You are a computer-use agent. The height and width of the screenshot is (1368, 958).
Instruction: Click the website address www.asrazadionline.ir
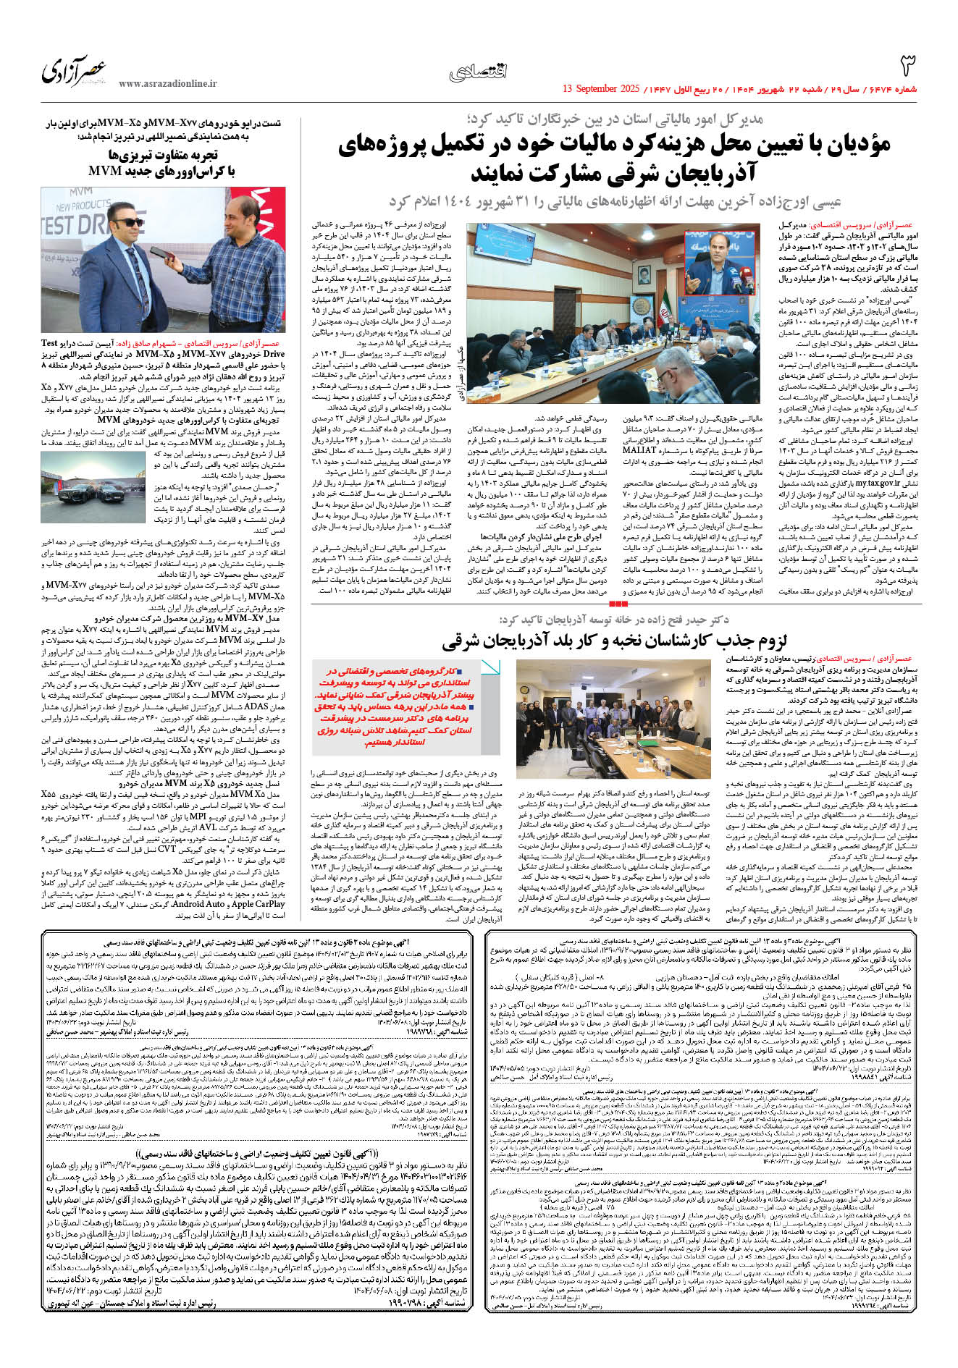point(167,84)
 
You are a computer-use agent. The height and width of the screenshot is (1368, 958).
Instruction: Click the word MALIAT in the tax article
point(639,450)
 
